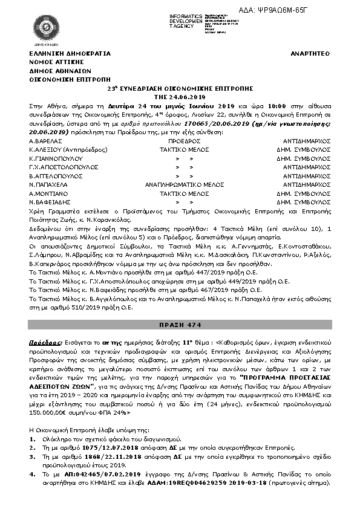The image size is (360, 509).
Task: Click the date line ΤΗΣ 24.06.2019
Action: click(x=180, y=96)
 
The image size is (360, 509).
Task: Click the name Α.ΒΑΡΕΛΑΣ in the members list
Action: click(x=44, y=140)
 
